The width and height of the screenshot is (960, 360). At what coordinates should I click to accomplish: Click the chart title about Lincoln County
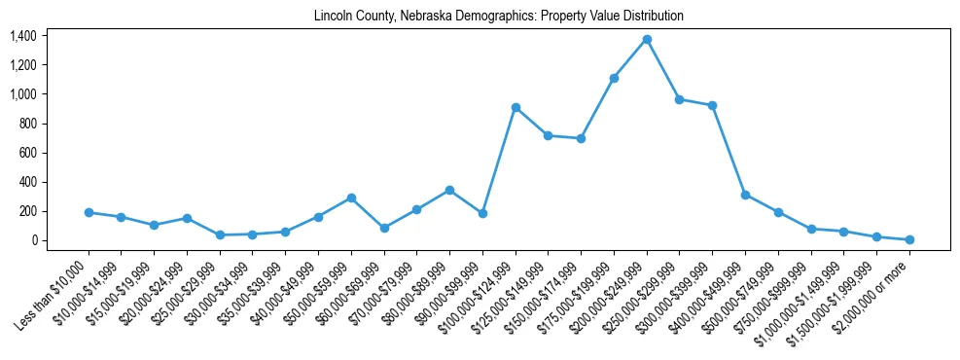point(499,17)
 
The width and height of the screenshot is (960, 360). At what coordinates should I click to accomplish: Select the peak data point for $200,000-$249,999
point(647,39)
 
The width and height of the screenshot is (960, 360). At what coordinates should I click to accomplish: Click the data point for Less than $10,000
point(89,212)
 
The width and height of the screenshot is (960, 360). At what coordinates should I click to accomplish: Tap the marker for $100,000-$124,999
point(516,107)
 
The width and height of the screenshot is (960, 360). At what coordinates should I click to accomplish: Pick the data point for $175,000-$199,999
point(614,78)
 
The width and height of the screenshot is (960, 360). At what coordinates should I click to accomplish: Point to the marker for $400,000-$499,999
point(745,195)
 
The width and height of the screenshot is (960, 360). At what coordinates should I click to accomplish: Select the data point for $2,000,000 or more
point(909,239)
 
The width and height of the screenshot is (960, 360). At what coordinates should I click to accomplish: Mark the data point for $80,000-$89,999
point(449,190)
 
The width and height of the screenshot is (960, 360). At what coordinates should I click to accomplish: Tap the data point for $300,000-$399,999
point(713,105)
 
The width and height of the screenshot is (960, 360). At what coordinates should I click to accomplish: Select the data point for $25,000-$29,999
point(220,234)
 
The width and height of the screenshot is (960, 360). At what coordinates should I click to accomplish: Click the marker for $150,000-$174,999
point(581,138)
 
